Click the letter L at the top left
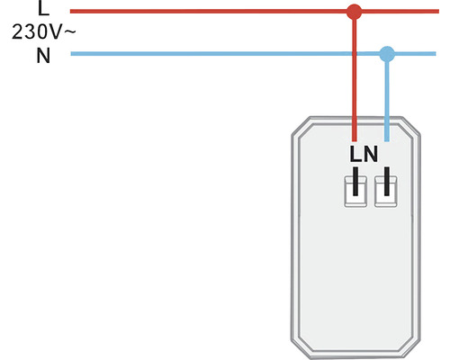coord(42,9)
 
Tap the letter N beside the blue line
coord(42,56)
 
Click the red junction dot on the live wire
coord(355,12)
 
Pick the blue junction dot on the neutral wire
coord(387,54)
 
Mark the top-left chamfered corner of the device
coord(301,126)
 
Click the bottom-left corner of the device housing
coord(301,347)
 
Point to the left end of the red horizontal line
coord(71,12)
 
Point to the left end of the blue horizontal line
coord(71,54)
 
